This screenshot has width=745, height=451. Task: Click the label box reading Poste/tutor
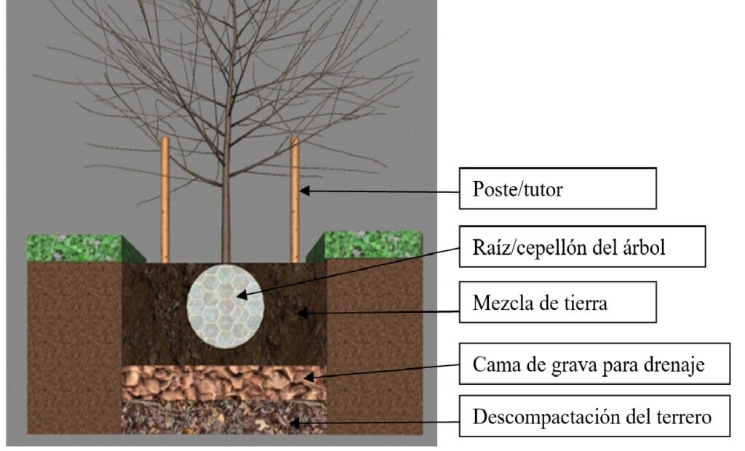click(558, 188)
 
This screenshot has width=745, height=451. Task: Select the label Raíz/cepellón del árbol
click(582, 247)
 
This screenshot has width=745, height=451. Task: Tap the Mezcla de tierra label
click(558, 302)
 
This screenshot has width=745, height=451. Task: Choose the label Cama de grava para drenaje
click(594, 364)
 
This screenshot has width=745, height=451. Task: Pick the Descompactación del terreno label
click(594, 417)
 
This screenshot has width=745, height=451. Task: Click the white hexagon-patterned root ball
click(225, 304)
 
